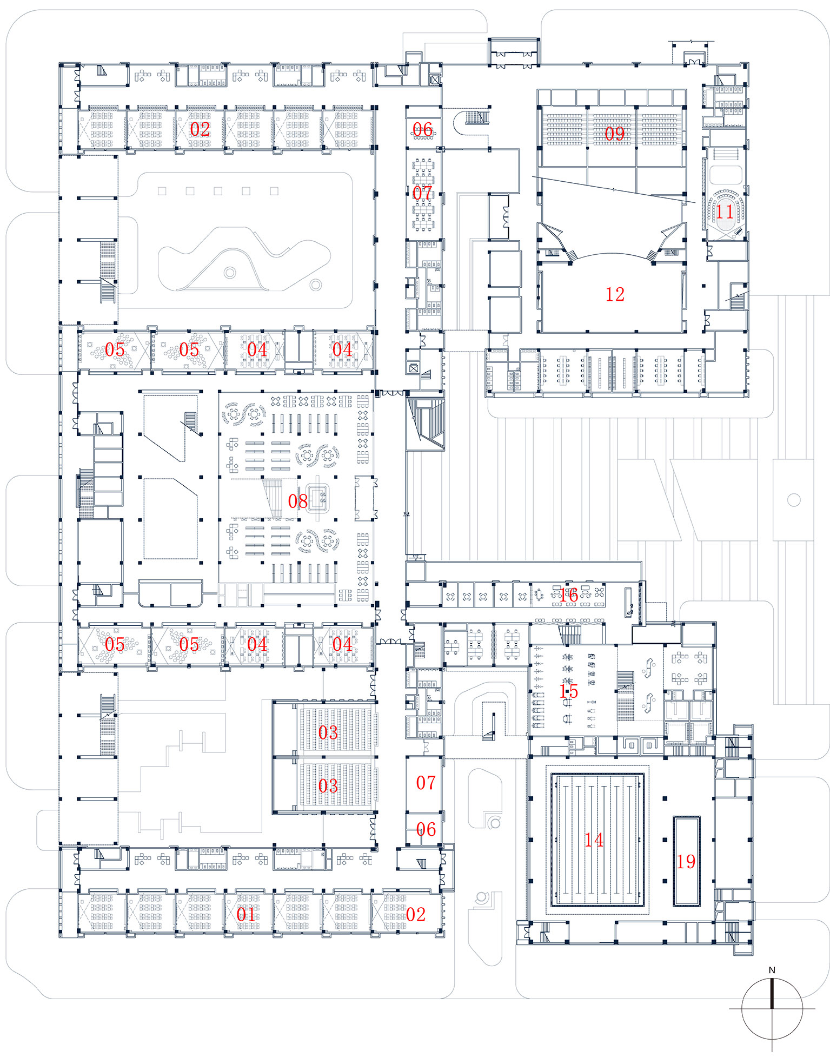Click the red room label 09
pyautogui.click(x=614, y=134)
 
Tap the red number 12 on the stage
pyautogui.click(x=615, y=294)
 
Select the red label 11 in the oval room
pyautogui.click(x=725, y=212)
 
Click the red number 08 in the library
pyautogui.click(x=297, y=501)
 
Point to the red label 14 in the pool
pyautogui.click(x=593, y=840)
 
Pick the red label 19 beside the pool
pyautogui.click(x=686, y=862)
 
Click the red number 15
pyautogui.click(x=568, y=691)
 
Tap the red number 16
pyautogui.click(x=568, y=595)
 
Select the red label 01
pyautogui.click(x=246, y=914)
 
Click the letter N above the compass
pyautogui.click(x=772, y=970)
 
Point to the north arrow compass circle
pyautogui.click(x=772, y=1009)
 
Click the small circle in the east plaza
pyautogui.click(x=793, y=500)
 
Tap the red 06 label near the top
pyautogui.click(x=422, y=129)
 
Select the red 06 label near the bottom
pyautogui.click(x=426, y=829)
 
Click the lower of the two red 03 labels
pyautogui.click(x=328, y=785)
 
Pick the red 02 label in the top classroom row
pyautogui.click(x=200, y=129)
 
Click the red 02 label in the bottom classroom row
pyautogui.click(x=415, y=914)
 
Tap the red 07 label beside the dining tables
pyautogui.click(x=422, y=193)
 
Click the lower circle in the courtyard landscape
pyautogui.click(x=316, y=284)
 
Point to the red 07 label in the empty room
pyautogui.click(x=426, y=782)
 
